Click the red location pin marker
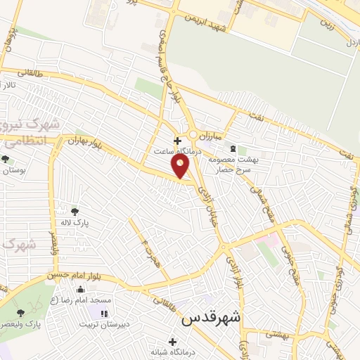181,166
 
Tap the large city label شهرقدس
211,318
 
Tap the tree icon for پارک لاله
75,210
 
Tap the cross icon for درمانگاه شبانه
174,341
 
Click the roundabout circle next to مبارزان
192,134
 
